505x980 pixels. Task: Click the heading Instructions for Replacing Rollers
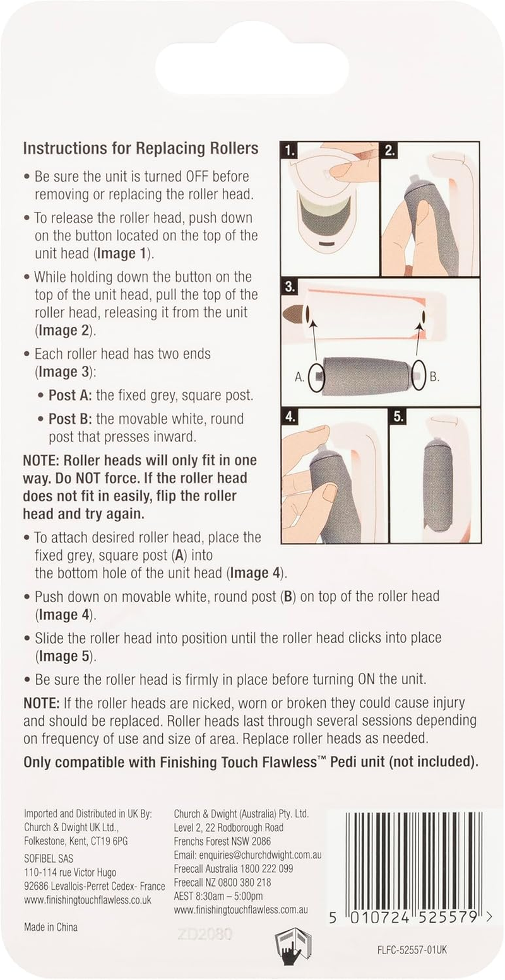point(140,149)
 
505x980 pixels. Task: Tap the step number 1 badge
point(289,151)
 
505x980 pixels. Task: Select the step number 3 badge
point(290,288)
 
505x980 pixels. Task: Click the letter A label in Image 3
point(300,376)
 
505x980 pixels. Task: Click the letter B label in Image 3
point(434,376)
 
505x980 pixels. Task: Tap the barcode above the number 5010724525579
point(412,860)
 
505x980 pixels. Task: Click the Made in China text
point(50,926)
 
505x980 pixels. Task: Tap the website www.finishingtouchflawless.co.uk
point(88,899)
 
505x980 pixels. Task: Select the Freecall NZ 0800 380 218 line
point(222,882)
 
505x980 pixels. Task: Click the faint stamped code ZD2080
point(205,935)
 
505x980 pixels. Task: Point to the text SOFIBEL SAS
point(49,858)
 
